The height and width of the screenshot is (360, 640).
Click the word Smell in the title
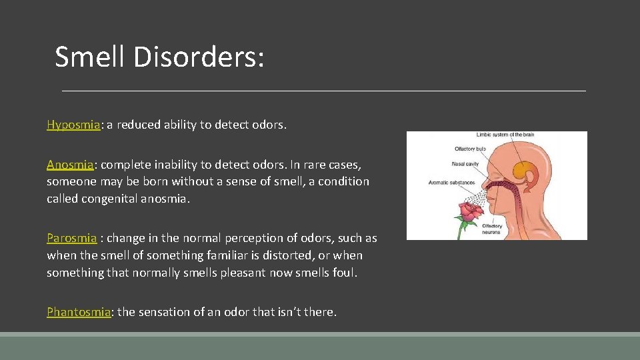(x=90, y=57)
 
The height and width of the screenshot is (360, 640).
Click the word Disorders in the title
(x=198, y=57)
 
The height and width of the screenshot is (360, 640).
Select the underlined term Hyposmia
(x=73, y=125)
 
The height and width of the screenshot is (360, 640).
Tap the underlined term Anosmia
(x=71, y=164)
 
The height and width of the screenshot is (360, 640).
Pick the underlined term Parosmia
(x=71, y=238)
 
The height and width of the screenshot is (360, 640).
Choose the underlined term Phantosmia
(x=78, y=311)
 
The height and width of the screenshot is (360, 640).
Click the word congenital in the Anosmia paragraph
(x=110, y=199)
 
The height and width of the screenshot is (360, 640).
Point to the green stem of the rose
(x=461, y=231)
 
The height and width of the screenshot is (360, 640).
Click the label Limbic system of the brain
(x=505, y=135)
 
